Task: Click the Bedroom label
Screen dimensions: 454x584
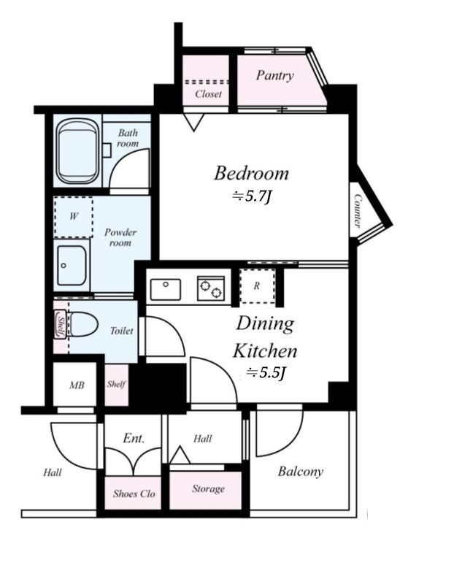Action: click(251, 174)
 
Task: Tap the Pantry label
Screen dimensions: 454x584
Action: click(275, 76)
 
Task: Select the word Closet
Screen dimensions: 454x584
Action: click(208, 94)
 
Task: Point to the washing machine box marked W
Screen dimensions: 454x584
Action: click(74, 217)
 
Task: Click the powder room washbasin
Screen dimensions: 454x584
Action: click(72, 265)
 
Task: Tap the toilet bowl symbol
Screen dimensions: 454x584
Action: click(83, 325)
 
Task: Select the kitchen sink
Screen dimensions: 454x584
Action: click(166, 289)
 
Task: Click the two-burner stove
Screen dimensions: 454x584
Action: click(211, 288)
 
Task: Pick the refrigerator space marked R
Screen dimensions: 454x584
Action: click(258, 285)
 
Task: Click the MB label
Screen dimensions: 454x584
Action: click(77, 385)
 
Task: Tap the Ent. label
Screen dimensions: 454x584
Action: click(134, 438)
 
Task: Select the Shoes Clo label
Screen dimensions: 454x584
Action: click(134, 494)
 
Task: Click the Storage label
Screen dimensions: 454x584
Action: click(208, 488)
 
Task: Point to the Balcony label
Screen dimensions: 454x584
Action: click(301, 472)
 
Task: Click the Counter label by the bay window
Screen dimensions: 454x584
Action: click(358, 210)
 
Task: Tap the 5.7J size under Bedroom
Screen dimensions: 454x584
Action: click(251, 196)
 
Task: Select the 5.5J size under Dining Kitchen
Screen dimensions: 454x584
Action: click(266, 372)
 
